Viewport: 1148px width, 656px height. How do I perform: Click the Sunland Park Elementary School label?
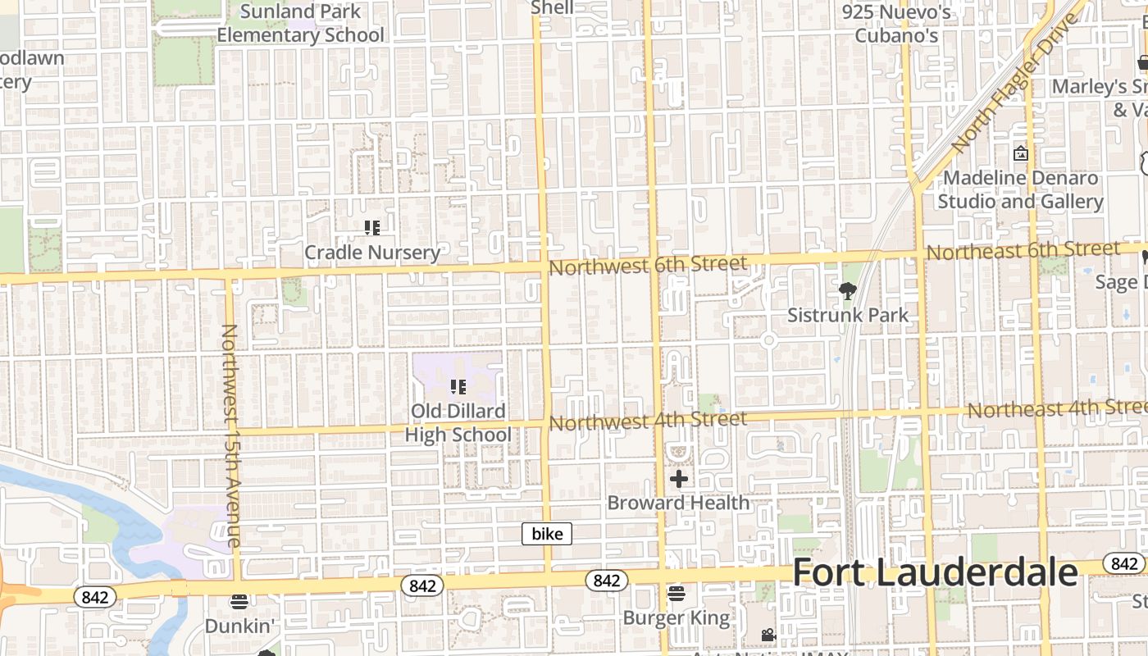tap(300, 24)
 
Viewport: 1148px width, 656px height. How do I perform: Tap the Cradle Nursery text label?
tap(372, 253)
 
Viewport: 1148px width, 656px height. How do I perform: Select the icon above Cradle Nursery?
tap(372, 228)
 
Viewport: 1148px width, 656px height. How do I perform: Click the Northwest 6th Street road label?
tap(648, 265)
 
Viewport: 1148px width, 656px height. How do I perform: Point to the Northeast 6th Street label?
tap(1023, 250)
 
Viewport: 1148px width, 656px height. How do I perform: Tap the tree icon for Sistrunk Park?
tap(848, 290)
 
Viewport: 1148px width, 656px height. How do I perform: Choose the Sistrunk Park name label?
tap(848, 315)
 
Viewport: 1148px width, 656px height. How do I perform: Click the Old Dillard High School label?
tap(458, 422)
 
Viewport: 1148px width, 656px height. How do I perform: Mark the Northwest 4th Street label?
tap(648, 421)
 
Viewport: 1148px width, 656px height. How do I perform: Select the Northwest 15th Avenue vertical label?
tap(230, 435)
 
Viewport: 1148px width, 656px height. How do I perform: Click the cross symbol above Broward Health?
tap(679, 478)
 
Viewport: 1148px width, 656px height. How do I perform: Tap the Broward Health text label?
tap(679, 503)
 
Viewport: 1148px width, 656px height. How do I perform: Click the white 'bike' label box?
tap(547, 534)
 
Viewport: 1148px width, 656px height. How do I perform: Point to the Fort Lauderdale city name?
tap(935, 572)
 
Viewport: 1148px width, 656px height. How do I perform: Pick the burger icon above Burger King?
tap(676, 593)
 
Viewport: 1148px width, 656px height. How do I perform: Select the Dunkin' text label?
tap(239, 626)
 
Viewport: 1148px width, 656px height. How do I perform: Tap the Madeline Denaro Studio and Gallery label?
tap(1021, 189)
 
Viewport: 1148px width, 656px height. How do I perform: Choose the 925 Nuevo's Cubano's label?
tap(896, 24)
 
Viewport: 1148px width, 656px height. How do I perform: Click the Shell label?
tap(552, 8)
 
